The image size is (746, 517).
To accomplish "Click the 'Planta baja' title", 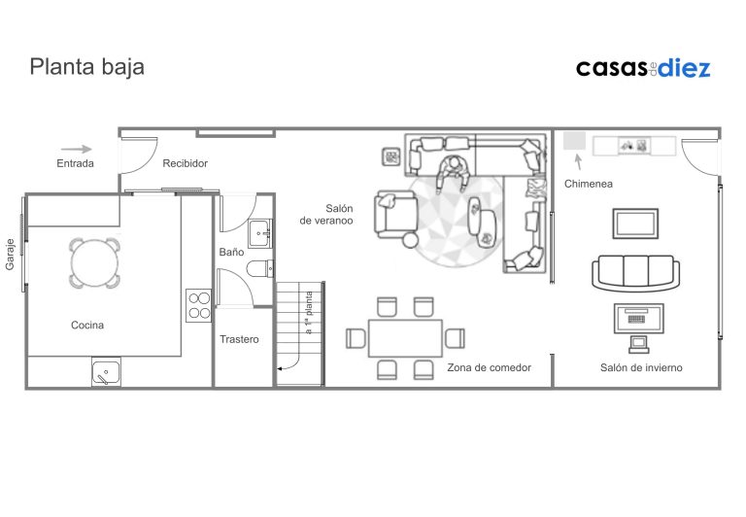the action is pyautogui.click(x=87, y=67).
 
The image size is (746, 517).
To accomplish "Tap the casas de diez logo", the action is pyautogui.click(x=643, y=68).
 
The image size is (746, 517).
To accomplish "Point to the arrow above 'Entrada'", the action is pyautogui.click(x=76, y=149).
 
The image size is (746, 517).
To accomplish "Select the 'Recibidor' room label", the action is pyautogui.click(x=186, y=163).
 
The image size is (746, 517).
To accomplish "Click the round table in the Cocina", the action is pyautogui.click(x=94, y=263).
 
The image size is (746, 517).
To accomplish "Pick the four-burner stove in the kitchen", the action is pyautogui.click(x=199, y=305).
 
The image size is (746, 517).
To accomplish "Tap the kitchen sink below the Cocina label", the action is pyautogui.click(x=106, y=372).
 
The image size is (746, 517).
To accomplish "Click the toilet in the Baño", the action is pyautogui.click(x=260, y=268).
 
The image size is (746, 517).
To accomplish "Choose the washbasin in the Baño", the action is pyautogui.click(x=259, y=233).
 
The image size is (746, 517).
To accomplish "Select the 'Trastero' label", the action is pyautogui.click(x=239, y=339).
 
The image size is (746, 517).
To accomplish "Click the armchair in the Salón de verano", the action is pyautogui.click(x=396, y=216).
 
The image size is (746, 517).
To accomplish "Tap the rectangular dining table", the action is pyautogui.click(x=405, y=338).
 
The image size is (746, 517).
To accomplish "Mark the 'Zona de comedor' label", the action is pyautogui.click(x=490, y=367).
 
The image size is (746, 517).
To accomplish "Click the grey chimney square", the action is pyautogui.click(x=575, y=141).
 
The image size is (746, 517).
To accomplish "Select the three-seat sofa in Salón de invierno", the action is pyautogui.click(x=636, y=273).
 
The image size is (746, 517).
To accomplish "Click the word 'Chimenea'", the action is pyautogui.click(x=589, y=184).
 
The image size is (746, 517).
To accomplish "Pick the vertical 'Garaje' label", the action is pyautogui.click(x=10, y=255).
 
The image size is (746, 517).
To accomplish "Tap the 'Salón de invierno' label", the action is pyautogui.click(x=641, y=367).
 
